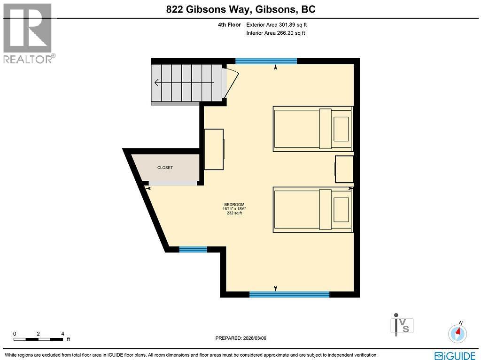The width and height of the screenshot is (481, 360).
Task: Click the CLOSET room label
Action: (x=165, y=168)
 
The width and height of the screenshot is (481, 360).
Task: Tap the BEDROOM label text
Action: (x=234, y=205)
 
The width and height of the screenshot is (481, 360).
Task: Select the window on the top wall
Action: (x=266, y=61)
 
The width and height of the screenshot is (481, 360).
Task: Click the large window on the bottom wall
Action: (x=289, y=294)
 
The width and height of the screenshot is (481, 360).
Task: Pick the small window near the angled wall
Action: (x=193, y=249)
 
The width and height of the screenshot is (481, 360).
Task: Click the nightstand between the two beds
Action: (x=344, y=169)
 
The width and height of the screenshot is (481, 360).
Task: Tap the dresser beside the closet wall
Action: (x=214, y=149)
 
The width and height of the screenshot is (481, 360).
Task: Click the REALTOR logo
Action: (x=28, y=33)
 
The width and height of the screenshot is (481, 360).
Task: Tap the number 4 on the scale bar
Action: (x=62, y=334)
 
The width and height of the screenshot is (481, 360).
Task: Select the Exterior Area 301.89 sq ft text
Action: (x=277, y=25)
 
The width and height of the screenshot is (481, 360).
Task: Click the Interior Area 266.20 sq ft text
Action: (x=275, y=33)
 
